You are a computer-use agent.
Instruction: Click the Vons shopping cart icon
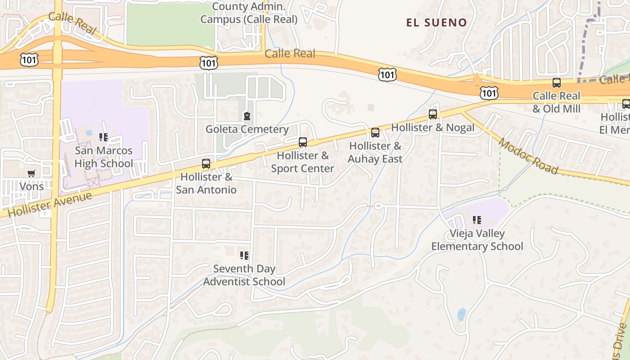(x=31, y=173)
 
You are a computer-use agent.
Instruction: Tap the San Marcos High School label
(x=103, y=157)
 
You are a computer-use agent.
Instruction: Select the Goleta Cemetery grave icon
(x=247, y=117)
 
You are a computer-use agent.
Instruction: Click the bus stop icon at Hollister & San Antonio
(x=206, y=164)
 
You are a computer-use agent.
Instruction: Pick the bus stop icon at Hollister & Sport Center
(x=303, y=142)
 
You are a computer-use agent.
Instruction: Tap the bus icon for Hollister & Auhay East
(x=375, y=133)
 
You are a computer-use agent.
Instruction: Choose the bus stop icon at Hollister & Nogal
(x=433, y=114)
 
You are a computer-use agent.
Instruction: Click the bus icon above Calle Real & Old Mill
(x=557, y=83)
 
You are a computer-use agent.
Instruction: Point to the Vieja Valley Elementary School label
(x=477, y=240)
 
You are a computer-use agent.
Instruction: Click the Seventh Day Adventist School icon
(x=244, y=256)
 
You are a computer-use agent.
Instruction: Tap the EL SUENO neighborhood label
(x=436, y=22)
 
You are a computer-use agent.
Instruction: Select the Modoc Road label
(x=528, y=156)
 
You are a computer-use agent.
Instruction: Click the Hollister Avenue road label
(x=50, y=204)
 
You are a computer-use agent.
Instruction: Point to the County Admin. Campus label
(x=249, y=13)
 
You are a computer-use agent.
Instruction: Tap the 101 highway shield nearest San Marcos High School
(x=29, y=59)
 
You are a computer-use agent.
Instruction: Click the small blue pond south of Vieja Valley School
(x=462, y=314)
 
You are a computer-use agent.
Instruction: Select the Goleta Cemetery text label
(x=247, y=130)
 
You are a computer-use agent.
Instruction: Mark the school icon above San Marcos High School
(x=103, y=137)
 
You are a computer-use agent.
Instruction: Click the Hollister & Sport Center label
(x=302, y=162)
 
